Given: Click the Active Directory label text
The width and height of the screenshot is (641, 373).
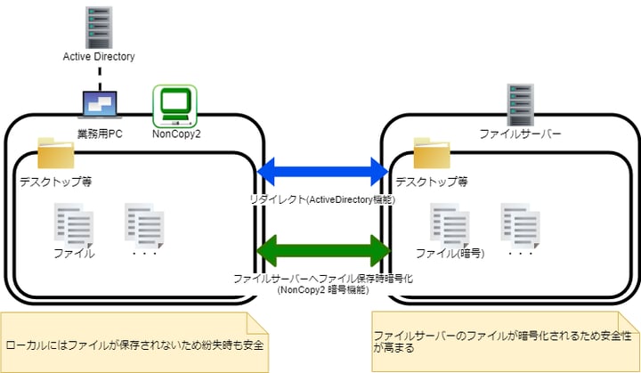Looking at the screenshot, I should [x=99, y=57].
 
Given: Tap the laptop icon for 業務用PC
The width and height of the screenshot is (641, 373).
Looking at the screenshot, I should [x=100, y=104].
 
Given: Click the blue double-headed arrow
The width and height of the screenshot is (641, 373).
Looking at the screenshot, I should [x=323, y=167].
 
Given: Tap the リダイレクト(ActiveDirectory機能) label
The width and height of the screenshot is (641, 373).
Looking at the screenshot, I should [x=323, y=199].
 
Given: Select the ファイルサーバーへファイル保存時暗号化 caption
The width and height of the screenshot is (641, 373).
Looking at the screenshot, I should [x=323, y=278].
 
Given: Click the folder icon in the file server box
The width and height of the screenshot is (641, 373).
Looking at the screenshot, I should [x=433, y=154].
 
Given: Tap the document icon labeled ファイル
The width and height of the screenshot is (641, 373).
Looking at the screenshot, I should [x=74, y=223].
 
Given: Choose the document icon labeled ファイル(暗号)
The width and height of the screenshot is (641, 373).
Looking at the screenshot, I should [x=450, y=223].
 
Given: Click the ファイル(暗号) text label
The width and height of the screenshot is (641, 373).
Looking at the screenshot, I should [x=450, y=254].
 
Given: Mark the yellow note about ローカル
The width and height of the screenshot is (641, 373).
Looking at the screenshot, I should [x=134, y=341].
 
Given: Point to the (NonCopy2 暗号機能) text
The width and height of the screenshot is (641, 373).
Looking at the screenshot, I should [x=323, y=289].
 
